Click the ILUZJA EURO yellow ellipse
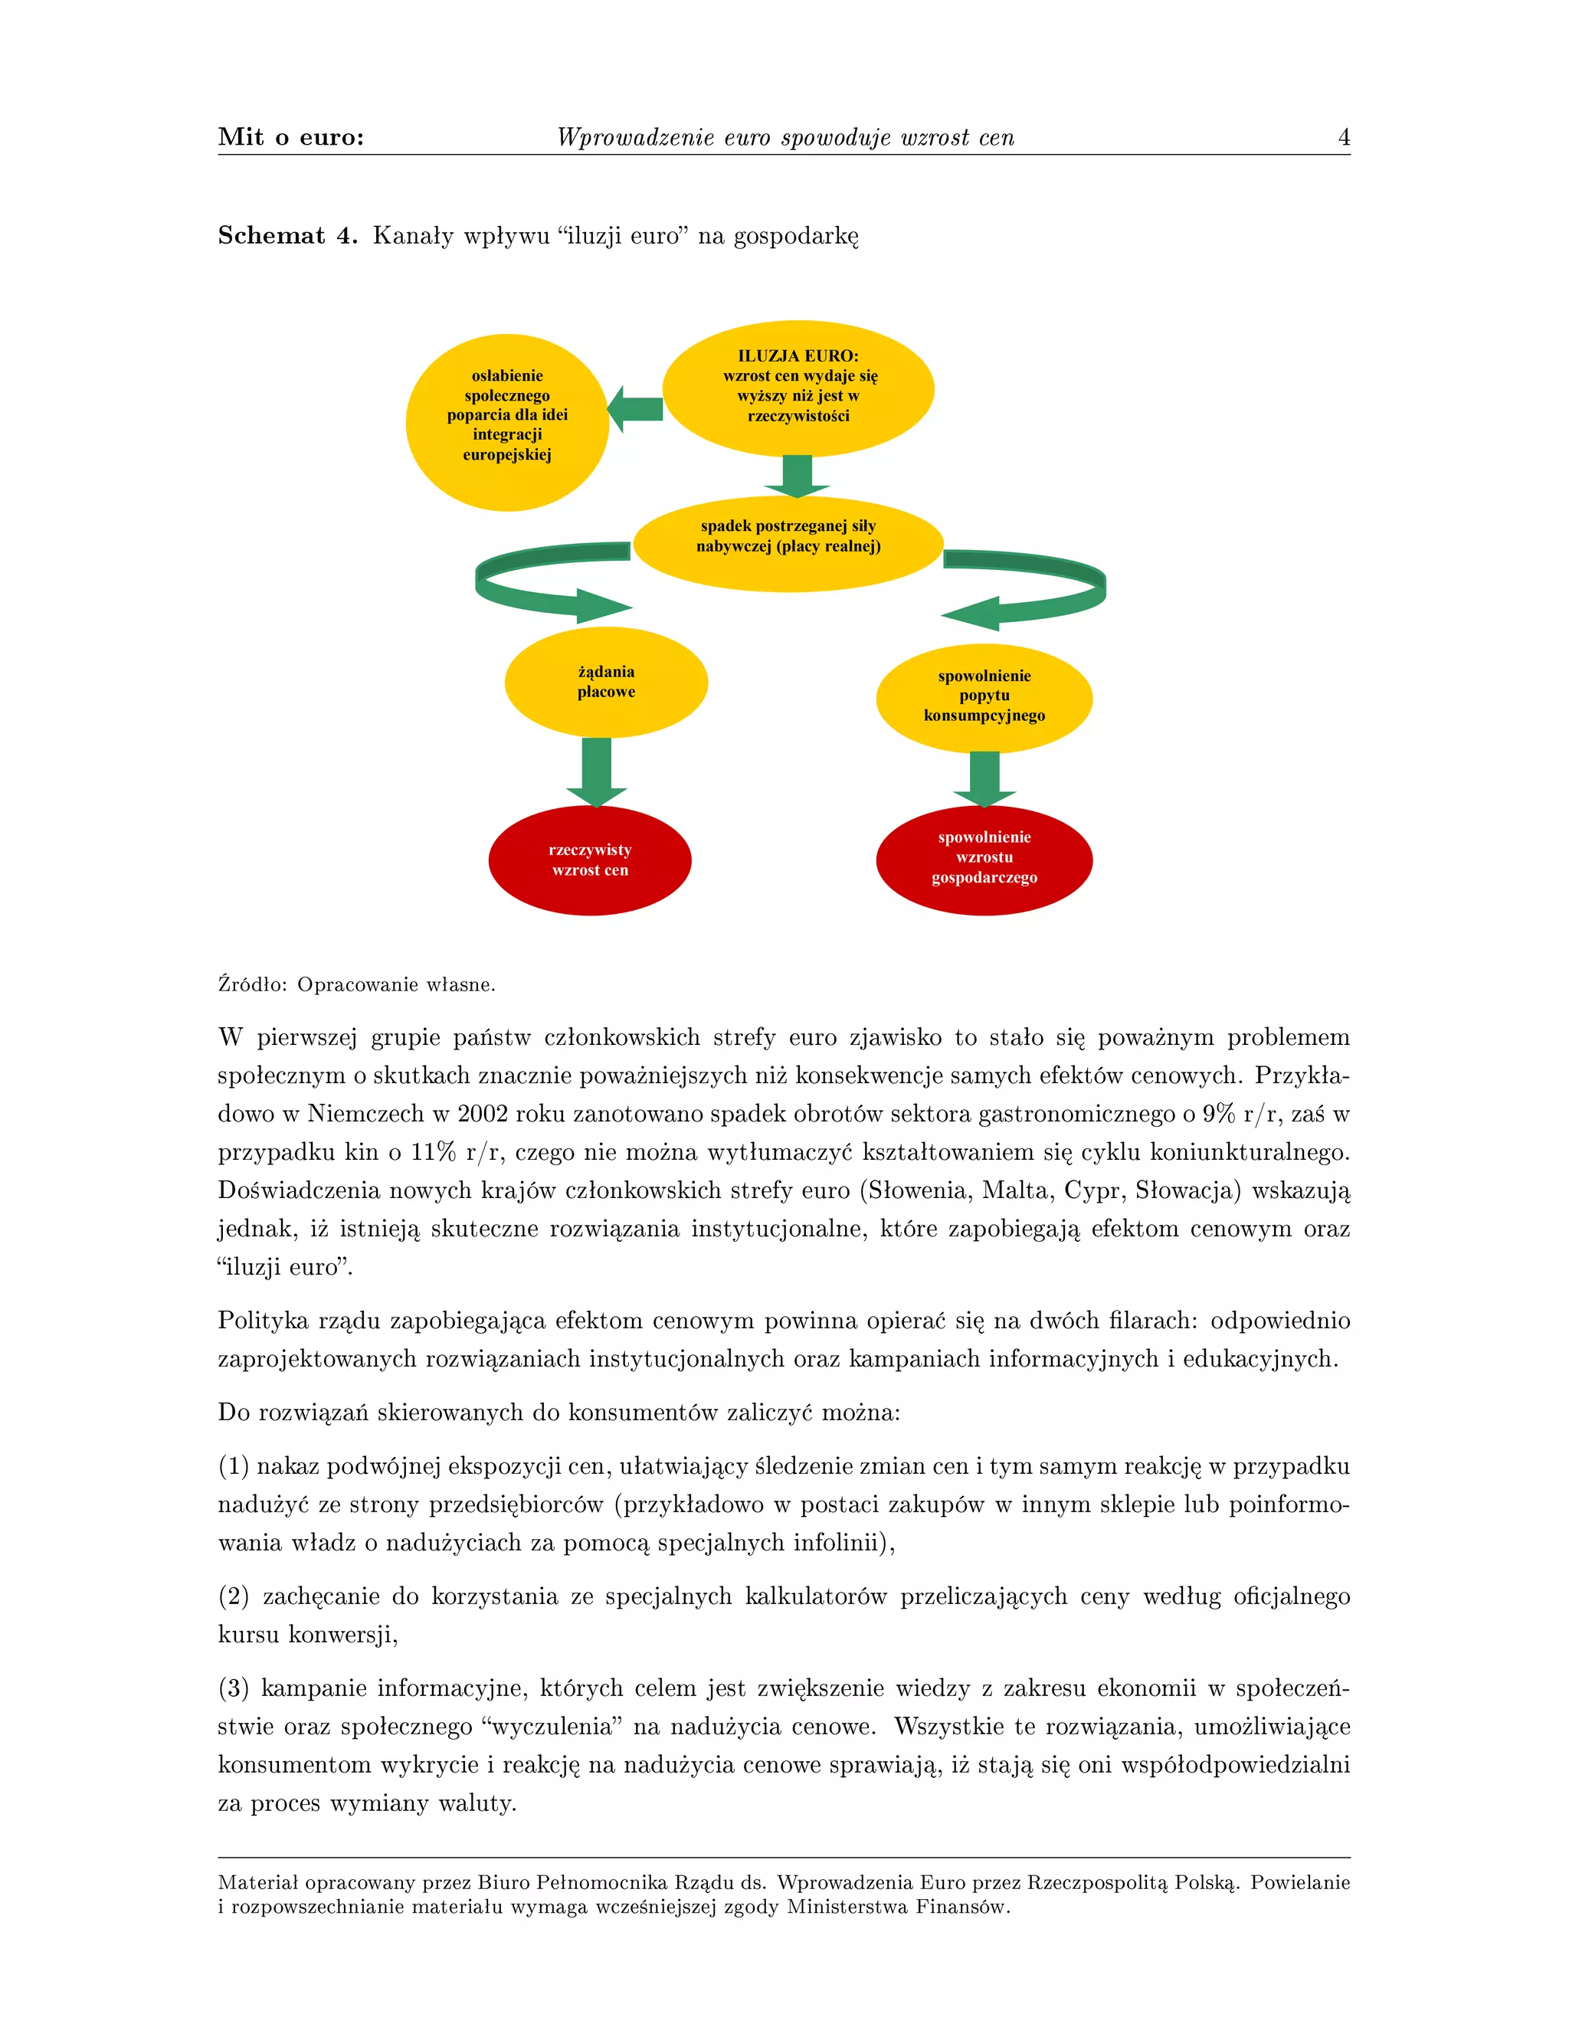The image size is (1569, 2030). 798,388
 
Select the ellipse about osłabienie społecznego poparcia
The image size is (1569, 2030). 506,422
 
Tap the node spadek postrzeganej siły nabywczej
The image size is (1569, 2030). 788,543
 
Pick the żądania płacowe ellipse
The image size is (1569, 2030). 606,683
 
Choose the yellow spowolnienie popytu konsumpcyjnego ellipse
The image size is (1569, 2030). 984,697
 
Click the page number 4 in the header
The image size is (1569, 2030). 1343,138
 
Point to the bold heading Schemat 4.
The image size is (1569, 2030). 287,236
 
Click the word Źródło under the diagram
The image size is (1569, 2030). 253,984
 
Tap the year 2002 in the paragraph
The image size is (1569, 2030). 483,1114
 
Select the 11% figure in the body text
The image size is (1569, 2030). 433,1153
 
